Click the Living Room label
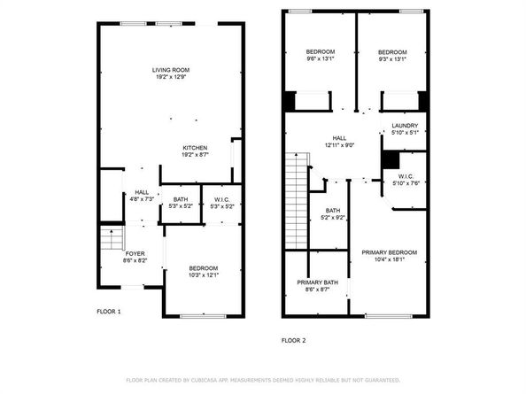(170, 73)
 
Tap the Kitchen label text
(195, 151)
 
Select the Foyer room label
(135, 258)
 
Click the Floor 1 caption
(109, 312)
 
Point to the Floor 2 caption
(293, 340)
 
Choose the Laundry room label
(404, 128)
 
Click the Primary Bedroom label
(389, 256)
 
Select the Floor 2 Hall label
(339, 142)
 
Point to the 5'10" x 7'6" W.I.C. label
(405, 180)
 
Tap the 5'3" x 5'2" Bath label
(181, 203)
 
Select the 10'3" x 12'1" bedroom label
(204, 272)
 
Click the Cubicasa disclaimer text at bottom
(263, 380)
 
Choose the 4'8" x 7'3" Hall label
(142, 196)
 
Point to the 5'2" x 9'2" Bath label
(331, 213)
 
